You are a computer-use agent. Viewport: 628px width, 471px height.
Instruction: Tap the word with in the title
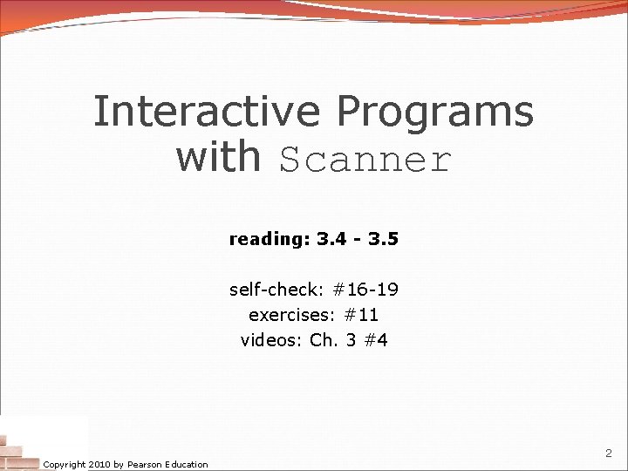point(218,157)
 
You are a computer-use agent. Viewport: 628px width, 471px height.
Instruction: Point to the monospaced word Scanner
point(365,160)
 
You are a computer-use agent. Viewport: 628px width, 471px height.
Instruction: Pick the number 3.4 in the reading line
point(332,238)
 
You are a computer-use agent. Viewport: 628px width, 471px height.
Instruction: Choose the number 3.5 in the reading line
point(383,238)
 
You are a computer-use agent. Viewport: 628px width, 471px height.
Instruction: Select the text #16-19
point(364,290)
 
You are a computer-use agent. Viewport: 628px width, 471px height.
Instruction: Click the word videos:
point(271,339)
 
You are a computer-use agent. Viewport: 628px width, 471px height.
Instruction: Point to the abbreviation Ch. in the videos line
point(324,339)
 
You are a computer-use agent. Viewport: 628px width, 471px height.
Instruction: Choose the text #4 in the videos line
point(376,339)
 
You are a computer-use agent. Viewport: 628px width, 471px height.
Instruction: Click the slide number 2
point(608,454)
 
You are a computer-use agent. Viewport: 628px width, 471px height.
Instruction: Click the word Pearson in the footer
point(147,464)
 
